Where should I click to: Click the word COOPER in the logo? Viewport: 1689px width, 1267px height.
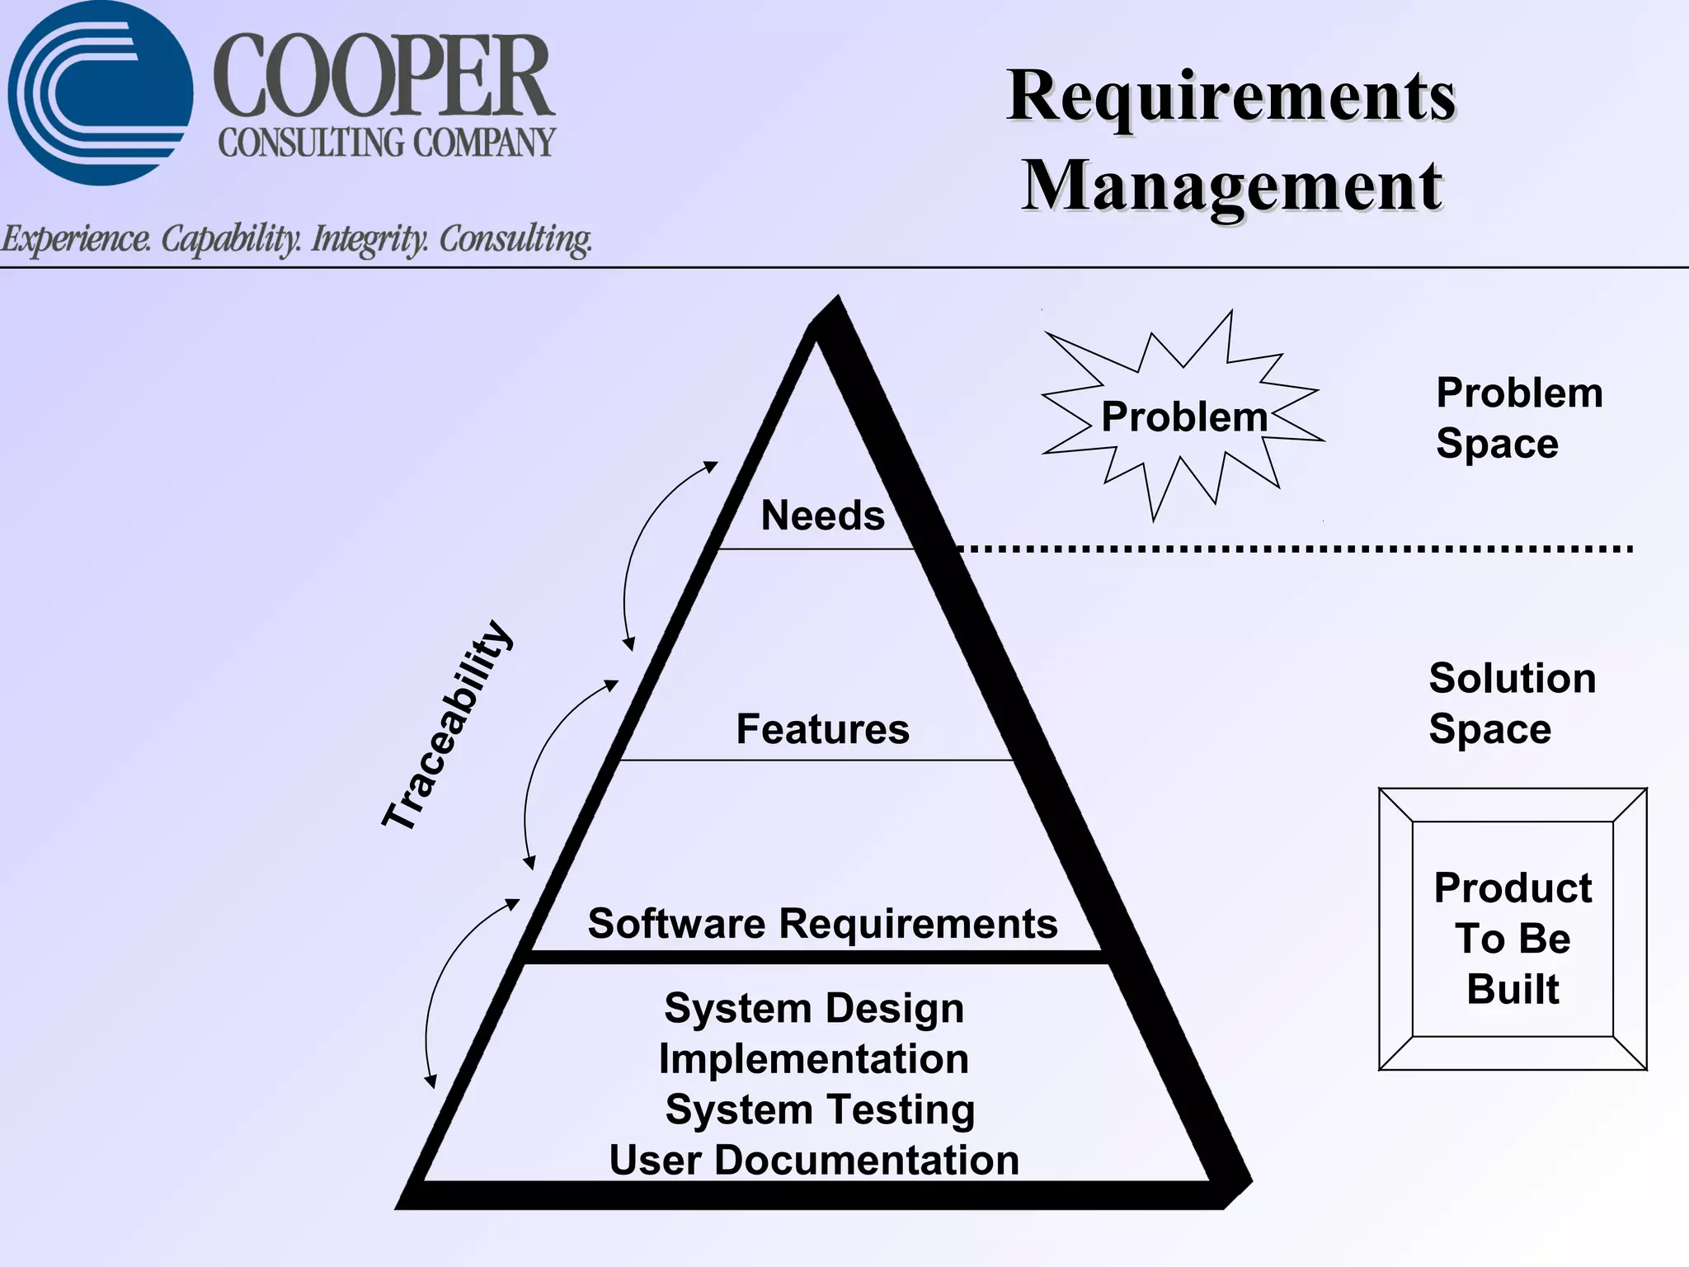pos(384,76)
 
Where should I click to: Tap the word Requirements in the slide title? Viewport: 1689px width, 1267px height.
pos(1231,97)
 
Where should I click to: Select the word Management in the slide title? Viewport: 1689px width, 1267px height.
pos(1232,186)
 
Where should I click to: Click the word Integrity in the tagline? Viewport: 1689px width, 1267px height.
pos(369,239)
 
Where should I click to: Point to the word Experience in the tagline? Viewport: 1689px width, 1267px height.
pos(76,239)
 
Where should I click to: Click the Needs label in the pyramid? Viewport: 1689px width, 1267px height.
pos(822,516)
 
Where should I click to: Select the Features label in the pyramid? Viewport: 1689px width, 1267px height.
pos(822,729)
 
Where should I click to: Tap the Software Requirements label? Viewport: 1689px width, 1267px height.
pos(822,923)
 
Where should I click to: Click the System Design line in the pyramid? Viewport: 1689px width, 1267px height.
pos(814,1008)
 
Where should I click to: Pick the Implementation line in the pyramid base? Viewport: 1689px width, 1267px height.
pos(814,1059)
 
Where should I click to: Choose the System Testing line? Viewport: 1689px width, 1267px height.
pos(820,1109)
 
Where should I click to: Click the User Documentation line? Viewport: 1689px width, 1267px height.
pos(814,1161)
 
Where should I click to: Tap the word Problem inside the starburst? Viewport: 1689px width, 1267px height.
pos(1184,417)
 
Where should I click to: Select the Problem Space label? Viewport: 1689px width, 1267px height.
pos(1519,417)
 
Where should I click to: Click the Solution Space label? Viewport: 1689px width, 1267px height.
pos(1512,704)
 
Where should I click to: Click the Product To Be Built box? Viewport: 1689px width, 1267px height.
pos(1513,930)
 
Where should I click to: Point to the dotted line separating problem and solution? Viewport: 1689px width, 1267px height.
pos(1295,549)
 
